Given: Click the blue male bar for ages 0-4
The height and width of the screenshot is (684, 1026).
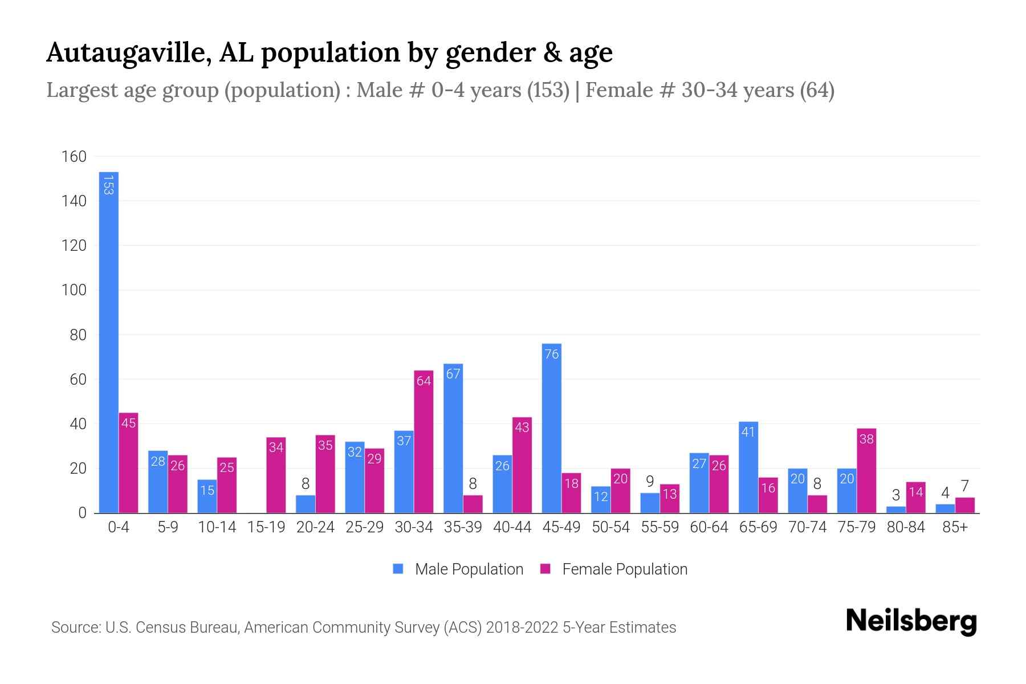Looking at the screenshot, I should [x=108, y=342].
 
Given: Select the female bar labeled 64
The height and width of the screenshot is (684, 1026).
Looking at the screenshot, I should [x=424, y=442].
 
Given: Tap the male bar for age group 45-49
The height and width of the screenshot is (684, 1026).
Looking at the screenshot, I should [x=551, y=427].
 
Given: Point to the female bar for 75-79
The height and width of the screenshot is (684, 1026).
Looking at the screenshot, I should [x=866, y=470].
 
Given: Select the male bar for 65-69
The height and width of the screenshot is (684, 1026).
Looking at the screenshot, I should [x=748, y=467].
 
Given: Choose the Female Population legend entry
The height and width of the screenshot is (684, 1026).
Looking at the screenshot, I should [x=614, y=569].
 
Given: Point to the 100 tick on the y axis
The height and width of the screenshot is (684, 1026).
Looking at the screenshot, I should [x=74, y=290].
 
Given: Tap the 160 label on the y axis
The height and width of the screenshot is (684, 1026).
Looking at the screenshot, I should [x=74, y=157].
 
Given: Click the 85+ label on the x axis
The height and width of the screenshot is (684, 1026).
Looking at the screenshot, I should [x=955, y=527].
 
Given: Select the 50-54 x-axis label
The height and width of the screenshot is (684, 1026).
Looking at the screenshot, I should [x=610, y=527].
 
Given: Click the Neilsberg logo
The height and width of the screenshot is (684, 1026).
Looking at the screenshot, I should [x=911, y=621].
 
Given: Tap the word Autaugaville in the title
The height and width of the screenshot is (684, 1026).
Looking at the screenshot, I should [x=126, y=52].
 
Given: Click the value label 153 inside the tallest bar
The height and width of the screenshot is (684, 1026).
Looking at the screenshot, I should [x=108, y=185].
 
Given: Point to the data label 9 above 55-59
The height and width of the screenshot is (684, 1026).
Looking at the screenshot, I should [x=650, y=482].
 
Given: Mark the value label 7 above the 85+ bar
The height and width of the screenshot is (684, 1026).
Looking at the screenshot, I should [x=964, y=486].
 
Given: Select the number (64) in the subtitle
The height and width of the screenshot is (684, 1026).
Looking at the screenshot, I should [x=817, y=90].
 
